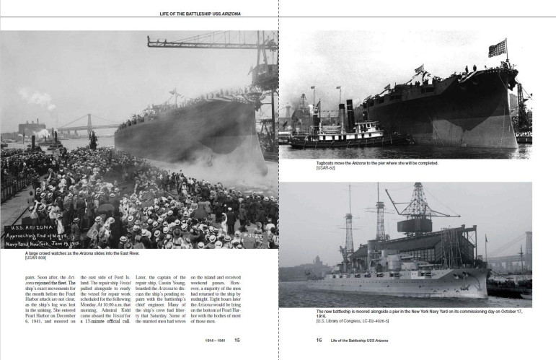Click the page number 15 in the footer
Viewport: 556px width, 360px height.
(237, 340)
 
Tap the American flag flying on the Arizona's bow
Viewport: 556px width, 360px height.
(497, 48)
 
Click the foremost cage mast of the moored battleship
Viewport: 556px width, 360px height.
(380, 216)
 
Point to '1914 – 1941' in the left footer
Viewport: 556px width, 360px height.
(216, 340)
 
